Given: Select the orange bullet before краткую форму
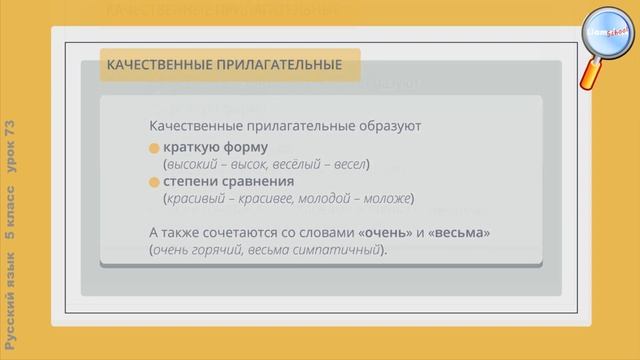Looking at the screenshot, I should [154, 148].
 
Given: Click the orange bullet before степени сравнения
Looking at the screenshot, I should [154, 183].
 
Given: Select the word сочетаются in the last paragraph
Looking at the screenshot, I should [239, 233].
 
